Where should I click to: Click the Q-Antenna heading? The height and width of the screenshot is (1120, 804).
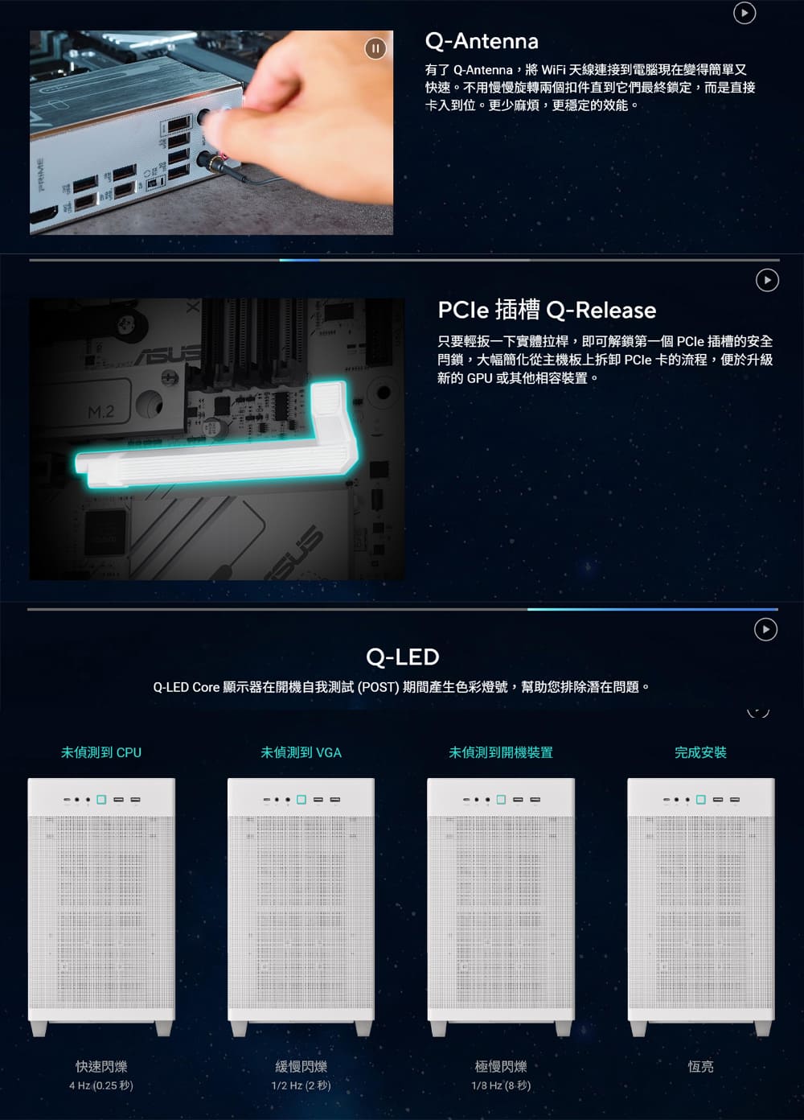(482, 42)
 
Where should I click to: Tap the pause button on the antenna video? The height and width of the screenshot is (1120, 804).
(375, 48)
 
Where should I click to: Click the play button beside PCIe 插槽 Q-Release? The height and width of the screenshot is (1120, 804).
(767, 280)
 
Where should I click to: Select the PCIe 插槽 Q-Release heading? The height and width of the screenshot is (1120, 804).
(547, 310)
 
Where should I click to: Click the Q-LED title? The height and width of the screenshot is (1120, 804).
(402, 657)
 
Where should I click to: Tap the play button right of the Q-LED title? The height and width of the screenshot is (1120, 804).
(765, 629)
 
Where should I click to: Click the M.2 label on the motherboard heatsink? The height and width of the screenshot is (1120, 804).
(101, 412)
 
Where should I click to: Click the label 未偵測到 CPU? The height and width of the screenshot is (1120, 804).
(101, 752)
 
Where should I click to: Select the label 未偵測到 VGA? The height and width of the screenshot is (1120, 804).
(301, 752)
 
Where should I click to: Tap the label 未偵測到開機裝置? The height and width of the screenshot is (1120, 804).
(501, 752)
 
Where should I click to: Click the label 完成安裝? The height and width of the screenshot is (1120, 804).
(700, 752)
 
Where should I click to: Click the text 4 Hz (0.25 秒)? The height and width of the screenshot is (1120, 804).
(101, 1085)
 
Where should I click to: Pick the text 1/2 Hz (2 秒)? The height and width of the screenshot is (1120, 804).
(301, 1085)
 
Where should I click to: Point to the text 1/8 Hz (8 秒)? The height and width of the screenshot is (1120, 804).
(501, 1085)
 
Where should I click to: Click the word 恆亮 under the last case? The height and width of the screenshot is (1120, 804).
(700, 1067)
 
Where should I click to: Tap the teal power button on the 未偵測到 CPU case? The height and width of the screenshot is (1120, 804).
(101, 800)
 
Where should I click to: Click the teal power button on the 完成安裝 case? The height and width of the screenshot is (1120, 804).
(700, 800)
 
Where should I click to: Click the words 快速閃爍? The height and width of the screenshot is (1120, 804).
(101, 1067)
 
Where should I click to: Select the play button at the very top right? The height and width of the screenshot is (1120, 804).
(744, 13)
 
